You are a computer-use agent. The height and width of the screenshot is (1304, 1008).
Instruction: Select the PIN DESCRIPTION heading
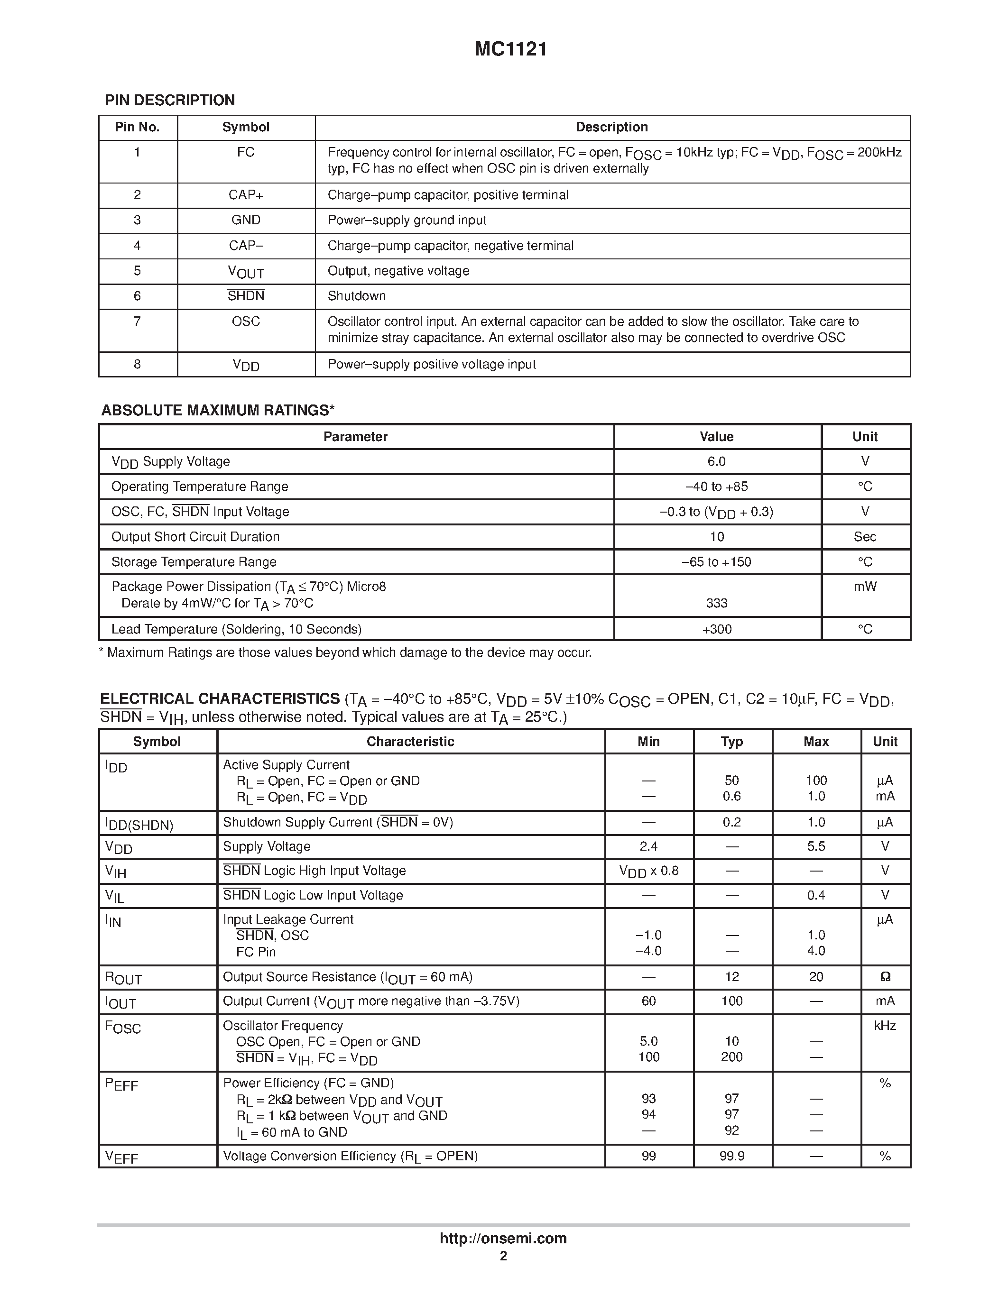pyautogui.click(x=170, y=101)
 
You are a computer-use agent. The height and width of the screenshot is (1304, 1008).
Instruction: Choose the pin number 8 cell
pyautogui.click(x=138, y=364)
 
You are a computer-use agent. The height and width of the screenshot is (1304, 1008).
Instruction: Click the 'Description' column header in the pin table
pyautogui.click(x=611, y=127)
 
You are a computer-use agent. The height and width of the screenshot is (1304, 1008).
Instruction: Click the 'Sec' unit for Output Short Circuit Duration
pyautogui.click(x=865, y=537)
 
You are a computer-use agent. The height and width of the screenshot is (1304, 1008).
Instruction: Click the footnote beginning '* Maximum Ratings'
pyautogui.click(x=345, y=652)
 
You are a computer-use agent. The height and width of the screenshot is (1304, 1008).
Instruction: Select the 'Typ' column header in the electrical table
pyautogui.click(x=731, y=742)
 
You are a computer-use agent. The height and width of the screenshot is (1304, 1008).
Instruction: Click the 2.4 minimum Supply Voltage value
pyautogui.click(x=648, y=846)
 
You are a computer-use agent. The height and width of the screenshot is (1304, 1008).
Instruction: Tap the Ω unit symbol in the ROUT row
pyautogui.click(x=885, y=977)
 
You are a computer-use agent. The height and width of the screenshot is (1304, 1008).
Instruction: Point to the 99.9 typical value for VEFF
pyautogui.click(x=731, y=1156)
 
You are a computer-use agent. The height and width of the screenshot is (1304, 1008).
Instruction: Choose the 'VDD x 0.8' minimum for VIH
pyautogui.click(x=648, y=871)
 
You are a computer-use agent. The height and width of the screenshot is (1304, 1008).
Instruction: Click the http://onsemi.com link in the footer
pyautogui.click(x=503, y=1238)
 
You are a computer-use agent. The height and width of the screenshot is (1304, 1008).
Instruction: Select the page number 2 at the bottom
pyautogui.click(x=503, y=1256)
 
